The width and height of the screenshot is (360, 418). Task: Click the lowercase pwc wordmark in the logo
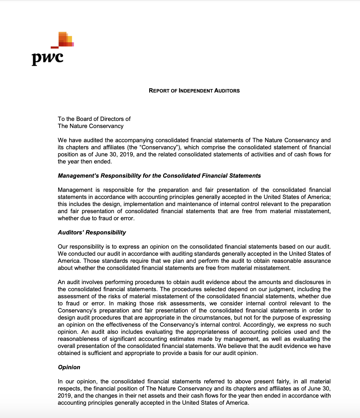pyautogui.click(x=47, y=58)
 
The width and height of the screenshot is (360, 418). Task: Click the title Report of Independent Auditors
pyautogui.click(x=194, y=91)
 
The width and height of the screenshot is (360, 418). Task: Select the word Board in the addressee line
pyautogui.click(x=84, y=119)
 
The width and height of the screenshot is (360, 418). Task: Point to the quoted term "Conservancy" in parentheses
pyautogui.click(x=159, y=147)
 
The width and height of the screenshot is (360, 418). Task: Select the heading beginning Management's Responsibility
pyautogui.click(x=159, y=176)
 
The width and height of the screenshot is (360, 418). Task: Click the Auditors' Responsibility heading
pyautogui.click(x=92, y=232)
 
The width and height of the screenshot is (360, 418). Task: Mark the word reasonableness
pyautogui.click(x=78, y=339)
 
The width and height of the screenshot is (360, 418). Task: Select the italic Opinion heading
pyautogui.click(x=69, y=367)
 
